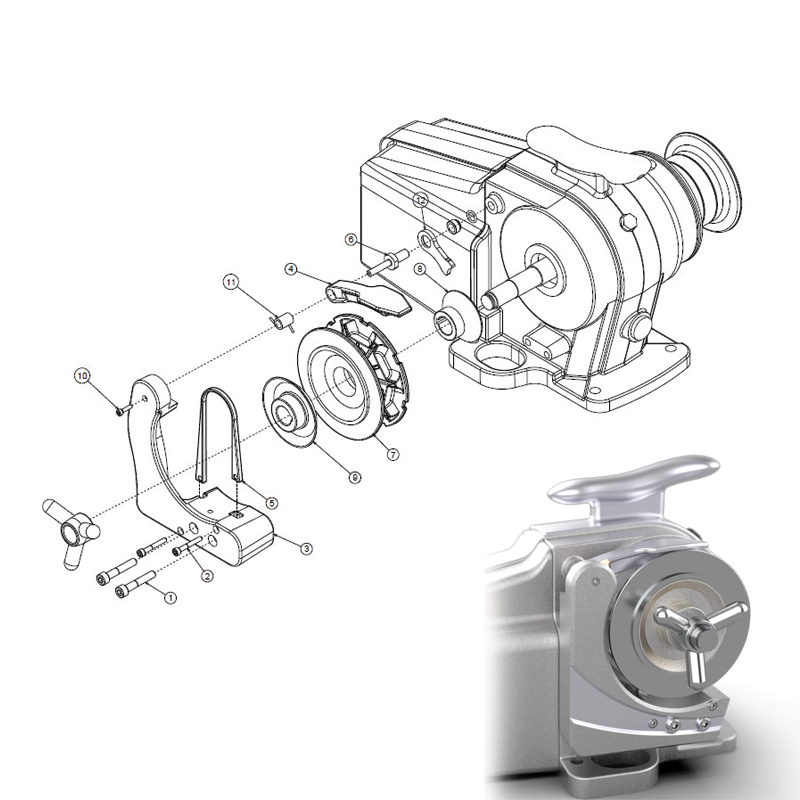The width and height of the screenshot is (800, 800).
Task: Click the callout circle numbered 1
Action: (169, 597)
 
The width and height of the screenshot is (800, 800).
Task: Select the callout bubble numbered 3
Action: (307, 547)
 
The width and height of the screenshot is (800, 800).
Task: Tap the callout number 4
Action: (291, 269)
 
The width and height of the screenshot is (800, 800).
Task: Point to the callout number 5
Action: (272, 502)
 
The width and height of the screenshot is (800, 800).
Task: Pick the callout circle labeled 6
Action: (351, 239)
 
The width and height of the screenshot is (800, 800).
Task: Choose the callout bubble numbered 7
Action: (393, 454)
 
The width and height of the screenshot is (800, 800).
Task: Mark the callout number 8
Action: (421, 269)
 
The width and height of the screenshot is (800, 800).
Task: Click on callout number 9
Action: (354, 478)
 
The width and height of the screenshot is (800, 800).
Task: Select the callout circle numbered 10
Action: (83, 375)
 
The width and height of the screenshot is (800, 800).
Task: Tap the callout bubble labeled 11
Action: (231, 283)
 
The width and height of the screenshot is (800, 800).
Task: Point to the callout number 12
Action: (421, 200)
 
